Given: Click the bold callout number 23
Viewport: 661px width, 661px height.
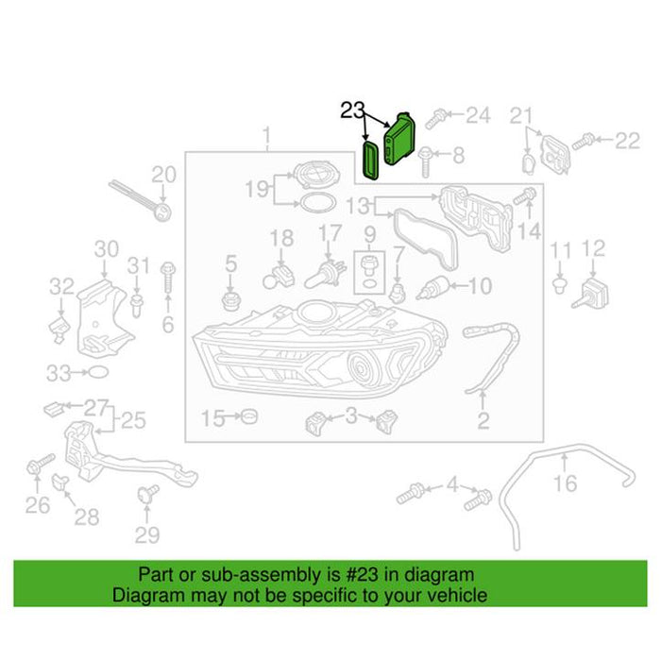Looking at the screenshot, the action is coord(352,110).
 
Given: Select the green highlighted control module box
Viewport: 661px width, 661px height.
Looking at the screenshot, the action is coord(399,139).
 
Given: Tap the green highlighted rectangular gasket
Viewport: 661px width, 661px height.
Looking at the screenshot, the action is coord(371,161).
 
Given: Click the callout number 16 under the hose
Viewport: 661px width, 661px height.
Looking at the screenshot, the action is coord(565,483).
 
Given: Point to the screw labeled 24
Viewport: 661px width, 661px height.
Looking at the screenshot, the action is coord(436,118).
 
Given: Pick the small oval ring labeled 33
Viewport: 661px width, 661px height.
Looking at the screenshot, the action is coord(98,372).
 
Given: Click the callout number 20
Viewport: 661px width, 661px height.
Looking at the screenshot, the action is coord(163,175).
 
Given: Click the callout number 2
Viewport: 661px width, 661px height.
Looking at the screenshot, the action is coord(483,420).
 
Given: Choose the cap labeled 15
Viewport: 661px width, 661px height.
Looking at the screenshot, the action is coord(249,416).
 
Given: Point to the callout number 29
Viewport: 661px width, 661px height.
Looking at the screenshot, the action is coord(147,535).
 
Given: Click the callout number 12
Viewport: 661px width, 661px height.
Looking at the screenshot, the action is coord(593,248).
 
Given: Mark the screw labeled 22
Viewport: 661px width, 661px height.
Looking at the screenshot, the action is coord(584,142).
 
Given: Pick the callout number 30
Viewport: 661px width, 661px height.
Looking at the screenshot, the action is coord(106,248).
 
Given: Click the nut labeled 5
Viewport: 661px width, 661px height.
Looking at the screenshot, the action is coord(230,300).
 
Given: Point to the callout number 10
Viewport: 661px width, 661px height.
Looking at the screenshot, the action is coord(480,286).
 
